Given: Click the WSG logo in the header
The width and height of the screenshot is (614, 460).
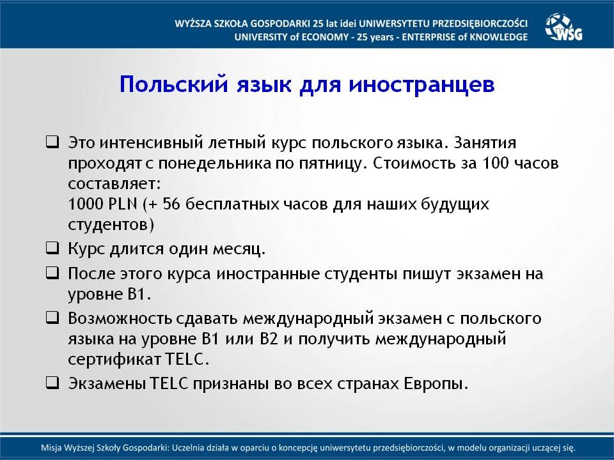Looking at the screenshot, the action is [x=563, y=27].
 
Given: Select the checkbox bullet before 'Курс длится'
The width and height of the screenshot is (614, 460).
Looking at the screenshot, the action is [x=52, y=248].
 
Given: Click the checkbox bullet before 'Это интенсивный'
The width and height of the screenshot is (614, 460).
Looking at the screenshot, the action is [x=52, y=142].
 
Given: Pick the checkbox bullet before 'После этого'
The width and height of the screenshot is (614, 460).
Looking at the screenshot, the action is [x=52, y=273].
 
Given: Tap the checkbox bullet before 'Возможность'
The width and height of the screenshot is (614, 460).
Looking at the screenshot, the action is [x=52, y=318].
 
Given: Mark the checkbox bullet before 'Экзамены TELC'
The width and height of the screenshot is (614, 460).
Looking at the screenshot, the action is [x=52, y=382].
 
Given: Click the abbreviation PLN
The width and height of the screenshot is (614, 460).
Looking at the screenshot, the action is [x=123, y=203].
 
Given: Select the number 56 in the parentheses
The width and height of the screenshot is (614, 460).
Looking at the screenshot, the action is [x=171, y=203].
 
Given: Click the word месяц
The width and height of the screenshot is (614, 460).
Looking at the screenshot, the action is [x=239, y=249].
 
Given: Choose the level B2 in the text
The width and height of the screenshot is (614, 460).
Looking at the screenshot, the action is [x=269, y=339].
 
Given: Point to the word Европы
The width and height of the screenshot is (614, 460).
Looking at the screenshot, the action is [x=436, y=384].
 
